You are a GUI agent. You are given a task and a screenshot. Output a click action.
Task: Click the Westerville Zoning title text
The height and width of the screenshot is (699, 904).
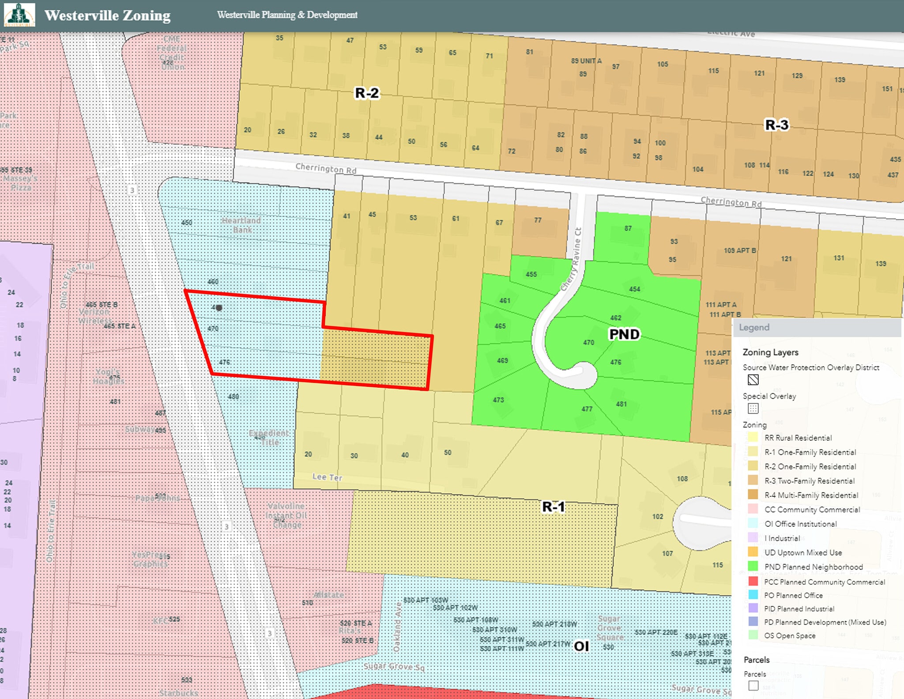[x=107, y=15]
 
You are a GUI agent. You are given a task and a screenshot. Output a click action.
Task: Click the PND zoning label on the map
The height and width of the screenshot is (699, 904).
[x=624, y=334]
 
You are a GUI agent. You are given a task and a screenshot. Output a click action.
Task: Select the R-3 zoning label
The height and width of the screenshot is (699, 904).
[x=776, y=125]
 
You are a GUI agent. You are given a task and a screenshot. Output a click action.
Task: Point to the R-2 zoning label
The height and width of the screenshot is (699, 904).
[x=367, y=93]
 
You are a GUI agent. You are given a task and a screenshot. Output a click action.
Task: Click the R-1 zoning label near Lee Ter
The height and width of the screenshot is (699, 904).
[x=554, y=507]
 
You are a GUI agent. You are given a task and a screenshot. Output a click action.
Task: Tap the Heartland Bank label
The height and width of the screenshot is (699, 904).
[x=241, y=225]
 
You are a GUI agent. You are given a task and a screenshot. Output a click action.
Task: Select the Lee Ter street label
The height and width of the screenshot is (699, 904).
[x=327, y=477]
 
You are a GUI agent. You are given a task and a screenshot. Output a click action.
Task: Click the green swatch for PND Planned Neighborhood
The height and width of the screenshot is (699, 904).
[x=753, y=567]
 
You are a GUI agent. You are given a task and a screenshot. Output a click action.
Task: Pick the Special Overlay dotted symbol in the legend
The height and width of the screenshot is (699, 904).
[x=753, y=408]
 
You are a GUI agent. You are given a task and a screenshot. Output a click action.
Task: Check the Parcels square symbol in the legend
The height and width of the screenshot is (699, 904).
[x=753, y=685]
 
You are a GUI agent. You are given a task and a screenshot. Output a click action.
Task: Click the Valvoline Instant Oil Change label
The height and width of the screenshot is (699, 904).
[x=286, y=515]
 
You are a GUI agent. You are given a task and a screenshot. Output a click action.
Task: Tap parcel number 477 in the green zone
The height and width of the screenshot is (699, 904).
[x=587, y=409]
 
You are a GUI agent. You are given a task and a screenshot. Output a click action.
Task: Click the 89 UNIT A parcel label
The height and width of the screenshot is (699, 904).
[x=586, y=61]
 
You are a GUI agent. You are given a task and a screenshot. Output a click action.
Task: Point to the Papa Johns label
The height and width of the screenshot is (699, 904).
[x=158, y=498]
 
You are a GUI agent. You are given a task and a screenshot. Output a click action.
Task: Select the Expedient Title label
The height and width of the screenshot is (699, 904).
[x=269, y=438]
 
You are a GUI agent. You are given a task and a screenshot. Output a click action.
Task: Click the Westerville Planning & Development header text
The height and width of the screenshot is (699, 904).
[x=287, y=15]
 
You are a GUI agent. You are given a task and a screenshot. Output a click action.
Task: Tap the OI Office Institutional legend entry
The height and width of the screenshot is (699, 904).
[x=800, y=524]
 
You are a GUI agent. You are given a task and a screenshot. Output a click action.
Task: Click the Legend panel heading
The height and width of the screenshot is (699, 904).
[x=754, y=327]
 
